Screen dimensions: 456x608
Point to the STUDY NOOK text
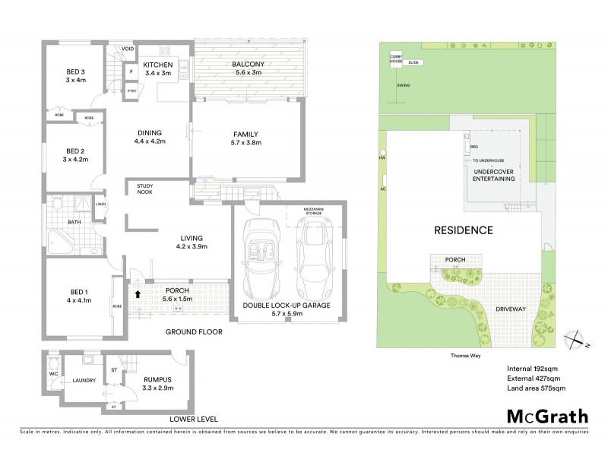pyautogui.click(x=144, y=188)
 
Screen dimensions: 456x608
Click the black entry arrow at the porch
pyautogui.click(x=138, y=292)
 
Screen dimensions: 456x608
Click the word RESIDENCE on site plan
pyautogui.click(x=463, y=230)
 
